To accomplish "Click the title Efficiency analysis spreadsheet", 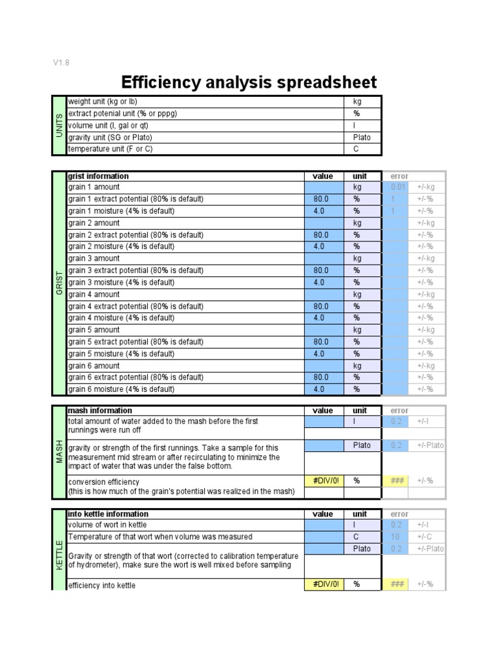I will pyautogui.click(x=249, y=83).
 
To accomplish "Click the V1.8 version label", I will pyautogui.click(x=61, y=63).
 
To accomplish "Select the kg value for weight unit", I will pyautogui.click(x=357, y=102).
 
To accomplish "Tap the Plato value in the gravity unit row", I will pyautogui.click(x=362, y=137).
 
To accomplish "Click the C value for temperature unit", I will pyautogui.click(x=356, y=149).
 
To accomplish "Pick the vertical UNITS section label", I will pyautogui.click(x=59, y=125).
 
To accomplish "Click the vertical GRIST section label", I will pyautogui.click(x=59, y=283).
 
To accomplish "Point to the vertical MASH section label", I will pyautogui.click(x=59, y=452).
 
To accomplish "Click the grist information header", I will pyautogui.click(x=98, y=176).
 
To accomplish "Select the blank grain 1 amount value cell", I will pyautogui.click(x=323, y=187).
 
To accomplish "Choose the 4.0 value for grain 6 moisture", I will pyautogui.click(x=319, y=389).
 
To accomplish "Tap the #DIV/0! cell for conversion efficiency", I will pyautogui.click(x=323, y=481).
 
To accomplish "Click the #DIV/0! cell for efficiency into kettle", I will pyautogui.click(x=323, y=585).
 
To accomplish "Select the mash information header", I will pyautogui.click(x=99, y=411).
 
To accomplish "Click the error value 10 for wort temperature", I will pyautogui.click(x=395, y=537).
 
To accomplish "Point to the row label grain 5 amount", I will pyautogui.click(x=94, y=330).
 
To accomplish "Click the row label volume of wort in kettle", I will pyautogui.click(x=107, y=525).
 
